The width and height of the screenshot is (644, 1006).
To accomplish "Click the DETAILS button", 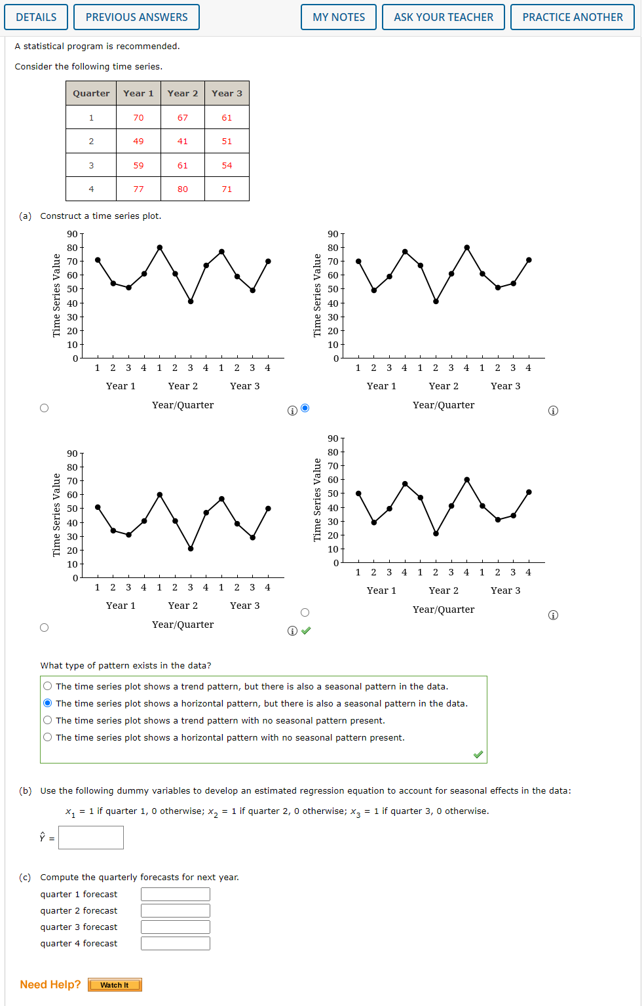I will click(x=36, y=17).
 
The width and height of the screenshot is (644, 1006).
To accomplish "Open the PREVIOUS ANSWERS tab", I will click(x=136, y=17).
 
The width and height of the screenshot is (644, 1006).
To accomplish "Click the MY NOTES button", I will click(x=339, y=17).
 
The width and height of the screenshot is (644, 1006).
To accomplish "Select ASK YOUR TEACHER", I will click(x=444, y=17).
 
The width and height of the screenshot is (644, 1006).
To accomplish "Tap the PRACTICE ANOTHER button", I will click(x=573, y=17).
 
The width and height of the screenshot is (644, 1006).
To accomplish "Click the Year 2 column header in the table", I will click(x=183, y=93).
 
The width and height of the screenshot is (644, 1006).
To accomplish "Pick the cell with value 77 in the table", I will click(x=138, y=189).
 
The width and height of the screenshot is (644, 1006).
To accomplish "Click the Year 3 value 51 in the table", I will click(x=227, y=141).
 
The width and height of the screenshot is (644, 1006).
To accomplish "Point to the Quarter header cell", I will click(x=91, y=93).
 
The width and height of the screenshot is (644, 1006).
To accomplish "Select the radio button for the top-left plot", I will click(x=44, y=408).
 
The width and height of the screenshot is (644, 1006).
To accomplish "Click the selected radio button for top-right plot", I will click(x=305, y=408).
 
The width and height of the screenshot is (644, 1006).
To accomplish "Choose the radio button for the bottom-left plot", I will click(x=44, y=627).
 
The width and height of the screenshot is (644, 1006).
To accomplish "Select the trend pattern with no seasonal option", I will click(x=48, y=720).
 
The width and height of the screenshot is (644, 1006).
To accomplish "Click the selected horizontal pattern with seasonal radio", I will click(x=48, y=703).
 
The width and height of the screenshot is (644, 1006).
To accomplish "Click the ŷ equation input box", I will click(x=91, y=838).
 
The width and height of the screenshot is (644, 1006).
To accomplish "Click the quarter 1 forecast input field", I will click(x=176, y=895).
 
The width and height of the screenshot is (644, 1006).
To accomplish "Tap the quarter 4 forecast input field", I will click(x=176, y=944).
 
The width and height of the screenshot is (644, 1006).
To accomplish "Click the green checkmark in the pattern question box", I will click(x=478, y=754).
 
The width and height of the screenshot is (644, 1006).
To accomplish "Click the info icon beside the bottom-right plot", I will click(x=553, y=615).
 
